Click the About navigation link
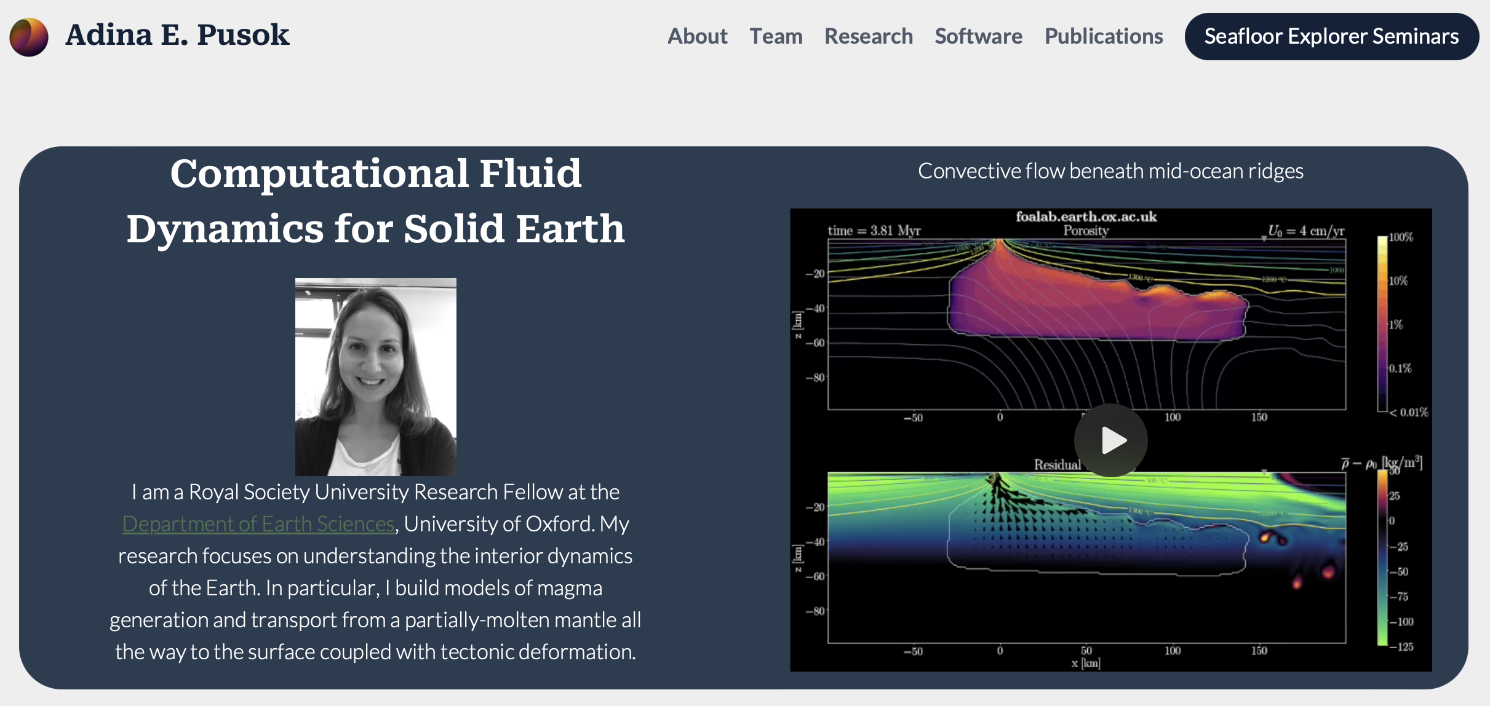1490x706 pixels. (697, 36)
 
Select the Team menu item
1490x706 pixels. (776, 36)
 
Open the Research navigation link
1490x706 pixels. (868, 36)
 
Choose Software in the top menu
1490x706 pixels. (978, 36)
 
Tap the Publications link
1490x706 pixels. (1103, 36)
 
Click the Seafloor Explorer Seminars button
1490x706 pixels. (1331, 36)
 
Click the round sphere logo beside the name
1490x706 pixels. (29, 37)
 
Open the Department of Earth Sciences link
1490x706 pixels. (258, 524)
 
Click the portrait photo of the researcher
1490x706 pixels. (375, 376)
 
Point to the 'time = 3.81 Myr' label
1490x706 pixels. (874, 231)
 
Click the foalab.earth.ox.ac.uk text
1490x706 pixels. (1086, 216)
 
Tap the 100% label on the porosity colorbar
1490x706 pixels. (1401, 237)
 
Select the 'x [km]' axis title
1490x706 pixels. (1086, 663)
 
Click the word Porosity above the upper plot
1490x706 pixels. (1086, 231)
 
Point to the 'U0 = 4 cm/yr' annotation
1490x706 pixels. (1305, 231)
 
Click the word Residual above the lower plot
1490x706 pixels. (1057, 464)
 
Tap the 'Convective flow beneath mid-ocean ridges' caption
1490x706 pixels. (1110, 171)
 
